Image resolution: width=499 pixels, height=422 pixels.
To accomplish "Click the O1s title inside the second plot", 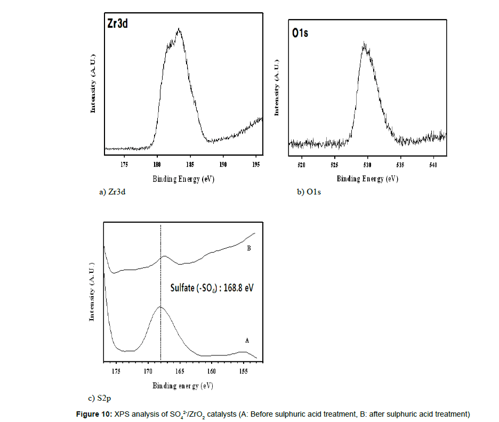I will [x=300, y=33].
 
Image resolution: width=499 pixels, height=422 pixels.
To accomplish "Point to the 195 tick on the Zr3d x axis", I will [x=256, y=165].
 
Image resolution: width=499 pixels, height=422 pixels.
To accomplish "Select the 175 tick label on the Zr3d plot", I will [x=124, y=165].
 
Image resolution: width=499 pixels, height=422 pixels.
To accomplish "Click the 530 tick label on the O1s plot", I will [x=367, y=165].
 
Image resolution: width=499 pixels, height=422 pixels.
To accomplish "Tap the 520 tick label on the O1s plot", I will [x=301, y=165].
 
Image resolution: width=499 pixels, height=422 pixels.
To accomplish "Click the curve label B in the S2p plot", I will [x=248, y=248].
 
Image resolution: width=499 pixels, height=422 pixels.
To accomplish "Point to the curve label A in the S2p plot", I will [x=246, y=339].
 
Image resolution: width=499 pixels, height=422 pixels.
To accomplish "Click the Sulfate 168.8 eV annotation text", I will [x=212, y=288].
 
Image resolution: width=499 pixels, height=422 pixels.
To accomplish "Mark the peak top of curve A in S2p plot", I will [x=160, y=307].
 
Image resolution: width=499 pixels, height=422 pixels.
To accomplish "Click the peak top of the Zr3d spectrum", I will [x=179, y=30].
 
